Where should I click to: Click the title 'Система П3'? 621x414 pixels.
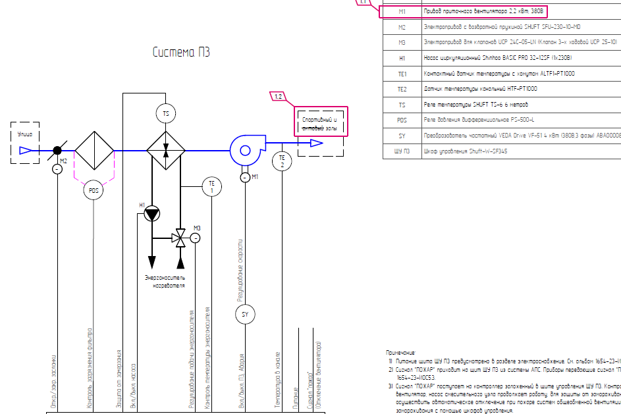coord(181,53)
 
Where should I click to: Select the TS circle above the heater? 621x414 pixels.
coord(166,114)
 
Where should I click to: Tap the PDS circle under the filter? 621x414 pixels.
coord(94,191)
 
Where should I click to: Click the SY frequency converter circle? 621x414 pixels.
coord(244,315)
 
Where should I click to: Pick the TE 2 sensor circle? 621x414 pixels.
coord(281,161)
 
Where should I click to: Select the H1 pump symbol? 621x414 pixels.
coord(152,213)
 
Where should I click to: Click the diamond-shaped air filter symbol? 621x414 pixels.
coord(94,150)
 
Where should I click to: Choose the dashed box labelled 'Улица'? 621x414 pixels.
coord(25,142)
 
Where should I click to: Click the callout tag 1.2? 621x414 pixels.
coord(279,97)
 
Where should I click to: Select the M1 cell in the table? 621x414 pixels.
coord(402,12)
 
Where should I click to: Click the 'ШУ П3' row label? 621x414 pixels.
coord(402,151)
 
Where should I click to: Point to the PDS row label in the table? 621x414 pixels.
coord(402,120)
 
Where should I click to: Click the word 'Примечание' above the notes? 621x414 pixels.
coord(401,353)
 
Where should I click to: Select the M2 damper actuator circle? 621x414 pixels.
coord(57,169)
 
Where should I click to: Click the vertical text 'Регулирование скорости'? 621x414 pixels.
coord(241,270)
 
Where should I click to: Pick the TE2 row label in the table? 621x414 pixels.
coord(402,89)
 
